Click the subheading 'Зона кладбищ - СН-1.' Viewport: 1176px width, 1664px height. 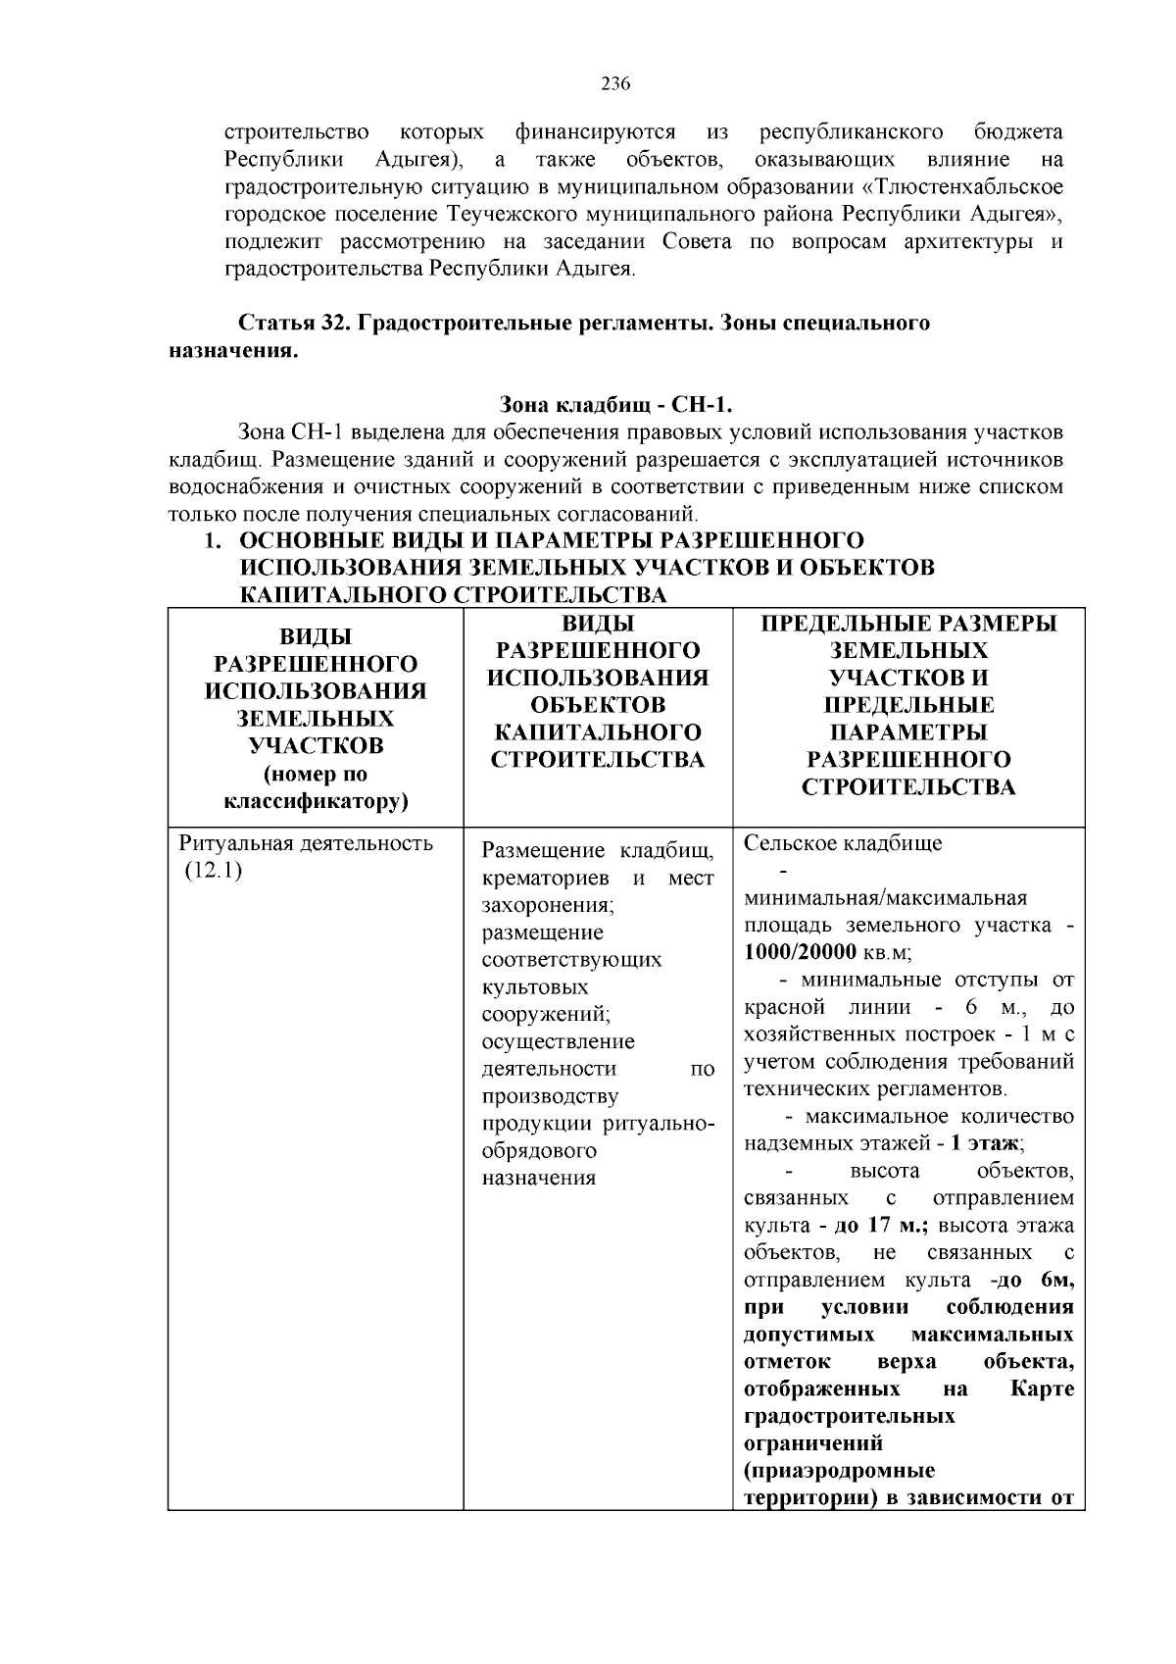[615, 405]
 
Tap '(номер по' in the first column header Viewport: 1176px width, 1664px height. [316, 774]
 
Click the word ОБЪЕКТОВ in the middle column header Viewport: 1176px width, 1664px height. [597, 705]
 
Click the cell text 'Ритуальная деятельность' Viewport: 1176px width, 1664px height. [306, 844]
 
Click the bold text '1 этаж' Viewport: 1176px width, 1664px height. [987, 1144]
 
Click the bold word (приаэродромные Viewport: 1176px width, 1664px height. [839, 1471]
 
